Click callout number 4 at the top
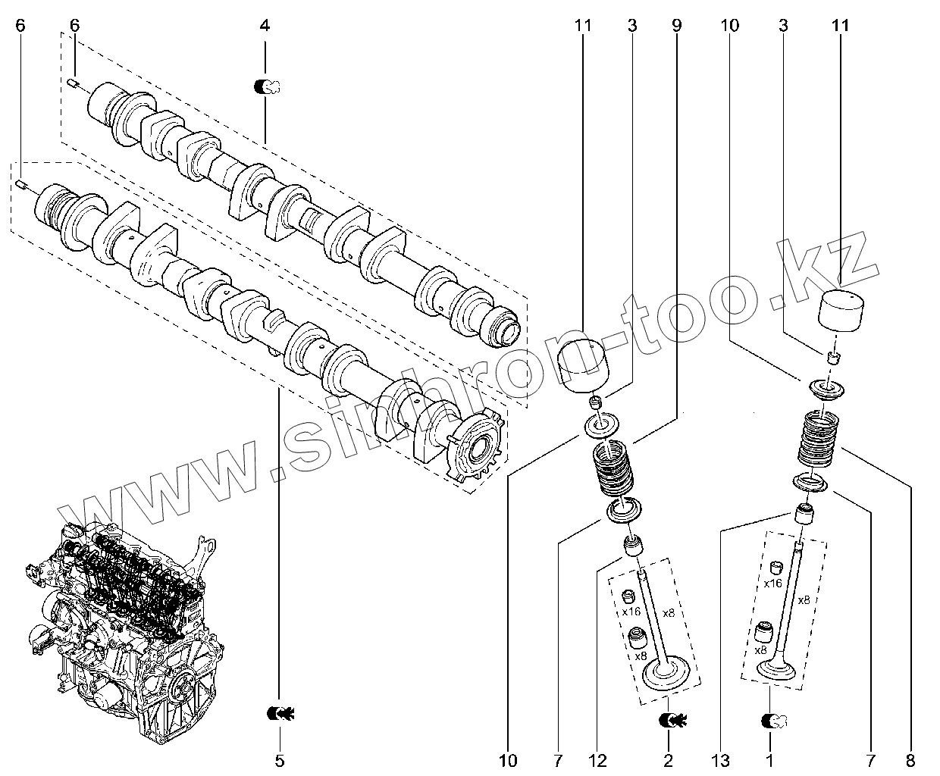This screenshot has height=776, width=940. (265, 26)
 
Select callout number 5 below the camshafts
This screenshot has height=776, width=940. (279, 760)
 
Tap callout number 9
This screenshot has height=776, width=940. (676, 26)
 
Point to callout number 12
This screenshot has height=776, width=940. (599, 760)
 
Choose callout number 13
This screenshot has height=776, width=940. (722, 760)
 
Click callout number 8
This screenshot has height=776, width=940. (910, 760)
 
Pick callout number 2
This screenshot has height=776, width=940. (668, 760)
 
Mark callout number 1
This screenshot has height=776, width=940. (770, 760)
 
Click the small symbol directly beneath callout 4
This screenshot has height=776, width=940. (266, 86)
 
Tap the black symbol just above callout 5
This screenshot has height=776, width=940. (280, 712)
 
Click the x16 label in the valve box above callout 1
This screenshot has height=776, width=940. (772, 583)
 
